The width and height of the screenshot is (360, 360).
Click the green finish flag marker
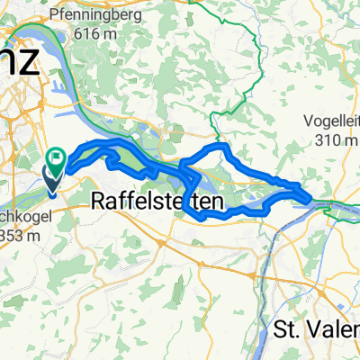pos(59,159)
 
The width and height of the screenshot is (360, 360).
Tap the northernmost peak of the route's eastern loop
pos(216,144)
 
